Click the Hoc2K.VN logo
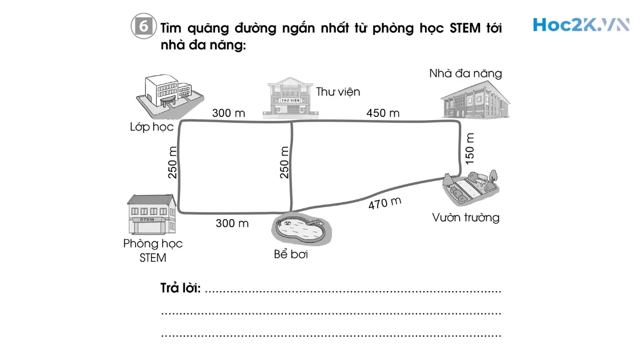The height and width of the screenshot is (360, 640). click(580, 25)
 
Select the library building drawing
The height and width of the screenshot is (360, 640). click(291, 98)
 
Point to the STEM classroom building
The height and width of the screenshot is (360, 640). click(151, 214)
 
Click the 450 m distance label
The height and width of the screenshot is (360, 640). click(383, 113)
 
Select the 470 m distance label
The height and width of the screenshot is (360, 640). click(385, 203)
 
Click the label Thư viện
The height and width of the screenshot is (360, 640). click(338, 92)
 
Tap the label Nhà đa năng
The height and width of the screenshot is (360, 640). click(466, 74)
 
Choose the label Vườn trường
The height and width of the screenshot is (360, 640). click(466, 218)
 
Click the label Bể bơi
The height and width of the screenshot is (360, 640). click(291, 254)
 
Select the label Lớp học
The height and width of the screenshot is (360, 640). click(152, 127)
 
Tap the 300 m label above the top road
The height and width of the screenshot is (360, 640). click(228, 113)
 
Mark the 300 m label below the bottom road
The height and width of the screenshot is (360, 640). click(232, 223)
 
